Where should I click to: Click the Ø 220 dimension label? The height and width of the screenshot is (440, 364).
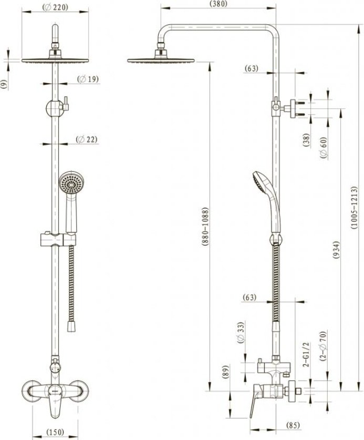[55, 7]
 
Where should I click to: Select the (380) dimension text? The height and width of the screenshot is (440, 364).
[218, 4]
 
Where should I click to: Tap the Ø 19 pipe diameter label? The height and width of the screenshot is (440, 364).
[88, 79]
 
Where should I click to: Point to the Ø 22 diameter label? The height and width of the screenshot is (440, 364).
[87, 139]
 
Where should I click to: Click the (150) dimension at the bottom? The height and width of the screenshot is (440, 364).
[55, 432]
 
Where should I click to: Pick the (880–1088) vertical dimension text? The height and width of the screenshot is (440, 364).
[205, 227]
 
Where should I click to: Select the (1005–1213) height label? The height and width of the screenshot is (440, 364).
[354, 208]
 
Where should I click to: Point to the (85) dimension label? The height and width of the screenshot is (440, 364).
[293, 425]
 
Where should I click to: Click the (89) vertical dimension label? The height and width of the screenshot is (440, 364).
[226, 372]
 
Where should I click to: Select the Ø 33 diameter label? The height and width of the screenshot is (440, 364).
[241, 333]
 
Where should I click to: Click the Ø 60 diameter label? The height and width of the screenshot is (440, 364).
[324, 148]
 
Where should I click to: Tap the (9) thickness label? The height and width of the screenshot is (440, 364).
[4, 85]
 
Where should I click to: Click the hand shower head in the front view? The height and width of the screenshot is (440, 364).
[71, 183]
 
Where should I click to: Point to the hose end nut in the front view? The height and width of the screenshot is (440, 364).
[71, 327]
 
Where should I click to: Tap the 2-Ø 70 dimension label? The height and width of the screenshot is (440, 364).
[324, 346]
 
